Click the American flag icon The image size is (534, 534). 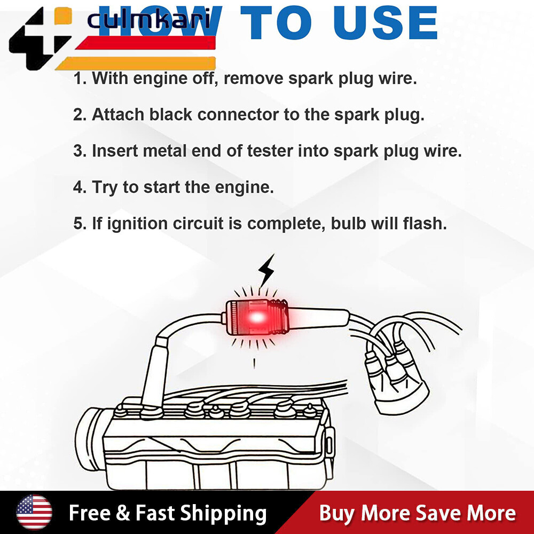[34, 513]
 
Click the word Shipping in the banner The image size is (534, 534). [223, 514]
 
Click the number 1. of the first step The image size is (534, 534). [80, 78]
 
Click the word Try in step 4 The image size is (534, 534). [106, 188]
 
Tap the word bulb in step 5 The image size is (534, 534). [350, 224]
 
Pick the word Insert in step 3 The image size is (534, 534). [114, 151]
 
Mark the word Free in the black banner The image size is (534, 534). [89, 514]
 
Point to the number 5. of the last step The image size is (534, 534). [80, 224]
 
